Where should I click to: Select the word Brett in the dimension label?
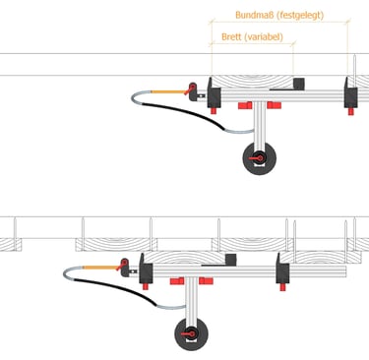point(231,36)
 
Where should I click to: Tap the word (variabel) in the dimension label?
point(264,37)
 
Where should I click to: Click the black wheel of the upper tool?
point(260,158)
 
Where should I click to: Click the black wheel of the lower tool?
point(191,334)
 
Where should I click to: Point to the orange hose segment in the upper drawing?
point(168,92)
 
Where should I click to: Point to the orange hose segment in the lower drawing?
point(99,268)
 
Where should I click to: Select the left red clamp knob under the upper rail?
point(245,105)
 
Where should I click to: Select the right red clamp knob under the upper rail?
point(275,105)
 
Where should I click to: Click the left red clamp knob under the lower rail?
point(177,281)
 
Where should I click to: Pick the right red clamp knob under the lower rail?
point(206,281)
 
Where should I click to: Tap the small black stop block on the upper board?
point(299,84)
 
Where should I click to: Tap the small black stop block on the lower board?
point(230,259)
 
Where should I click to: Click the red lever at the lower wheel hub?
point(187,334)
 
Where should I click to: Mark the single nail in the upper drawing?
point(354,65)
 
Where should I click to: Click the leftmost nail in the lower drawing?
point(15,229)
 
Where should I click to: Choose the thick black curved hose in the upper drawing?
point(184,114)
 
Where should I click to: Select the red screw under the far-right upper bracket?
point(351,111)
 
